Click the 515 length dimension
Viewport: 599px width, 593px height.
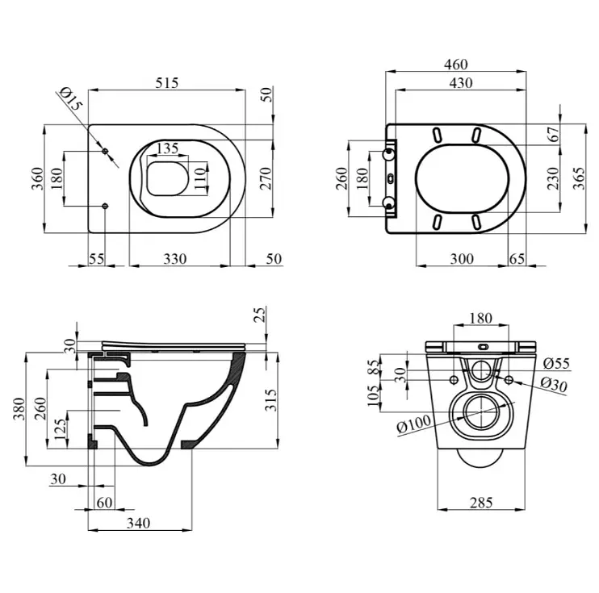point(167,83)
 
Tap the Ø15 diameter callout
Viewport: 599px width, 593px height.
point(71,99)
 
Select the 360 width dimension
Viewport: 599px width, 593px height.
point(37,178)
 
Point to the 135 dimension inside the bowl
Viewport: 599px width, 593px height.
point(168,148)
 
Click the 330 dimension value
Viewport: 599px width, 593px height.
point(175,259)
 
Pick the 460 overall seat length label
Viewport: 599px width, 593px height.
point(456,65)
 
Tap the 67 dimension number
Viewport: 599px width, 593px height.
point(554,134)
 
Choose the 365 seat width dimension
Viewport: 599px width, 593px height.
point(579,178)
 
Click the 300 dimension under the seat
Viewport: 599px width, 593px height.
point(462,259)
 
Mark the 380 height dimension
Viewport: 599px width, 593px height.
point(19,408)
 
